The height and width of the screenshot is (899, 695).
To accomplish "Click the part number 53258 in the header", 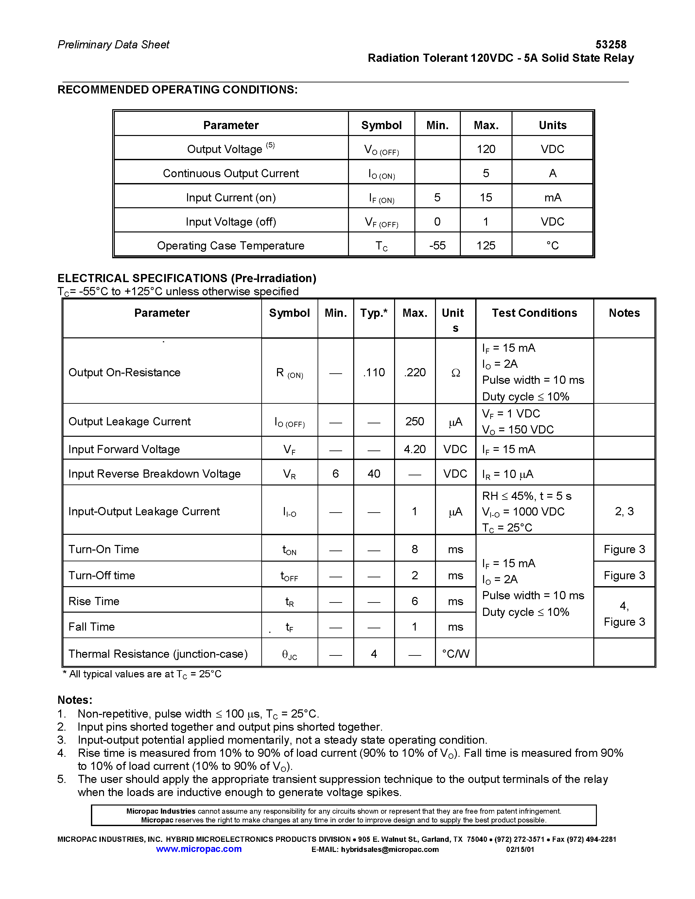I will (x=611, y=44).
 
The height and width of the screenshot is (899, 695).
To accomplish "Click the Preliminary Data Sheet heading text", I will (x=113, y=44).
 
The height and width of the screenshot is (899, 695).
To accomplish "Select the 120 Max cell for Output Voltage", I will (x=486, y=149).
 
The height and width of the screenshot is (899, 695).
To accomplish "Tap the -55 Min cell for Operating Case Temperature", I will (x=437, y=245).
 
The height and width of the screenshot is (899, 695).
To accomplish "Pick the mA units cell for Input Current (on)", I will (x=552, y=197).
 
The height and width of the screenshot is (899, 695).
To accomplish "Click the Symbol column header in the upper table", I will (x=381, y=125).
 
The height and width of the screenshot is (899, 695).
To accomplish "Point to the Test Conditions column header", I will (x=534, y=313).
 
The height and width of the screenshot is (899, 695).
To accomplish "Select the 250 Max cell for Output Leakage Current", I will (x=415, y=421).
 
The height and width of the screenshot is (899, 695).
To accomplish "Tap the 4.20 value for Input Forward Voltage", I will (x=415, y=449).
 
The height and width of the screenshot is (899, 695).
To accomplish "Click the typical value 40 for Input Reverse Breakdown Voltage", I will (x=374, y=473).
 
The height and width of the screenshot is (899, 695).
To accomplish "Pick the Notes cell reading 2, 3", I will (x=624, y=511).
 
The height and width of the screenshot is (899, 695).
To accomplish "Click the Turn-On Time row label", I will (x=104, y=549).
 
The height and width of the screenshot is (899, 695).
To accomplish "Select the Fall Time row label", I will (x=91, y=626).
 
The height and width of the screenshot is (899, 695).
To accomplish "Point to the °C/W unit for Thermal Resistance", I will (x=455, y=654).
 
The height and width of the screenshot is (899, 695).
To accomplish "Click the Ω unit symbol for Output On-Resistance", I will (x=455, y=373).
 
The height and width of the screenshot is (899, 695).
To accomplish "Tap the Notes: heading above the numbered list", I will (x=75, y=700).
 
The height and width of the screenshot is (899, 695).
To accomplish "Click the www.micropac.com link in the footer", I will (x=199, y=849).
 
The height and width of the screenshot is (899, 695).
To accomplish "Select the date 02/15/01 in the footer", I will (x=520, y=849).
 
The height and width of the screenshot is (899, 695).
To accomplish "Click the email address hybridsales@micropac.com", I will (x=390, y=849).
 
